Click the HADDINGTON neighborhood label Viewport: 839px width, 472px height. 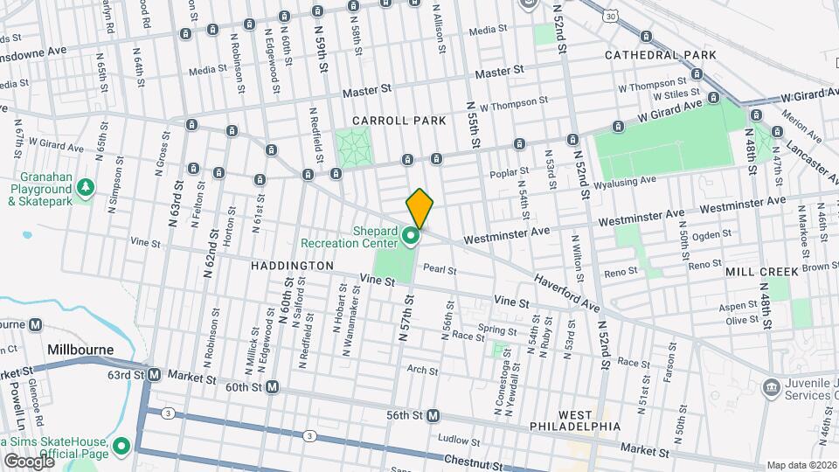[x=293, y=265]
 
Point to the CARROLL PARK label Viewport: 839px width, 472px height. [x=399, y=121]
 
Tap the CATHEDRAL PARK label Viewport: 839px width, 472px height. [x=661, y=55]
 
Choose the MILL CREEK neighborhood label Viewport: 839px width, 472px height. [x=761, y=272]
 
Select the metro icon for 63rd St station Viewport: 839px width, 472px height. [x=154, y=375]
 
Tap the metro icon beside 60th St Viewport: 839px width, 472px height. [x=273, y=386]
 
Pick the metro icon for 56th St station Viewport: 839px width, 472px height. [x=433, y=415]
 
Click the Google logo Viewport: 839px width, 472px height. [x=28, y=461]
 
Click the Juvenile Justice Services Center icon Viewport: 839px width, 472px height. [x=771, y=386]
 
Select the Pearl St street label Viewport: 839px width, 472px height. [x=440, y=271]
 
